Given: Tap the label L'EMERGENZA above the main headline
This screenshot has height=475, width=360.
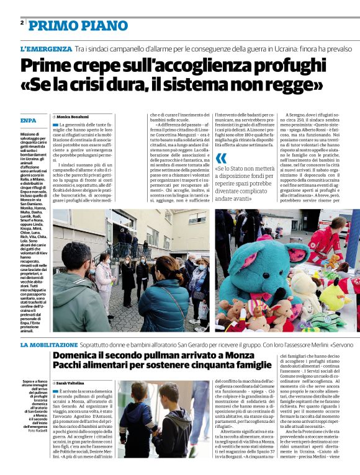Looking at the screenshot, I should tap(46, 48).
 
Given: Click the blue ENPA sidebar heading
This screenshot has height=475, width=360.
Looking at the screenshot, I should tap(27, 120).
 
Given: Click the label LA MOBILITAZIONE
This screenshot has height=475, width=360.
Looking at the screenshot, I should tap(49, 344).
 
